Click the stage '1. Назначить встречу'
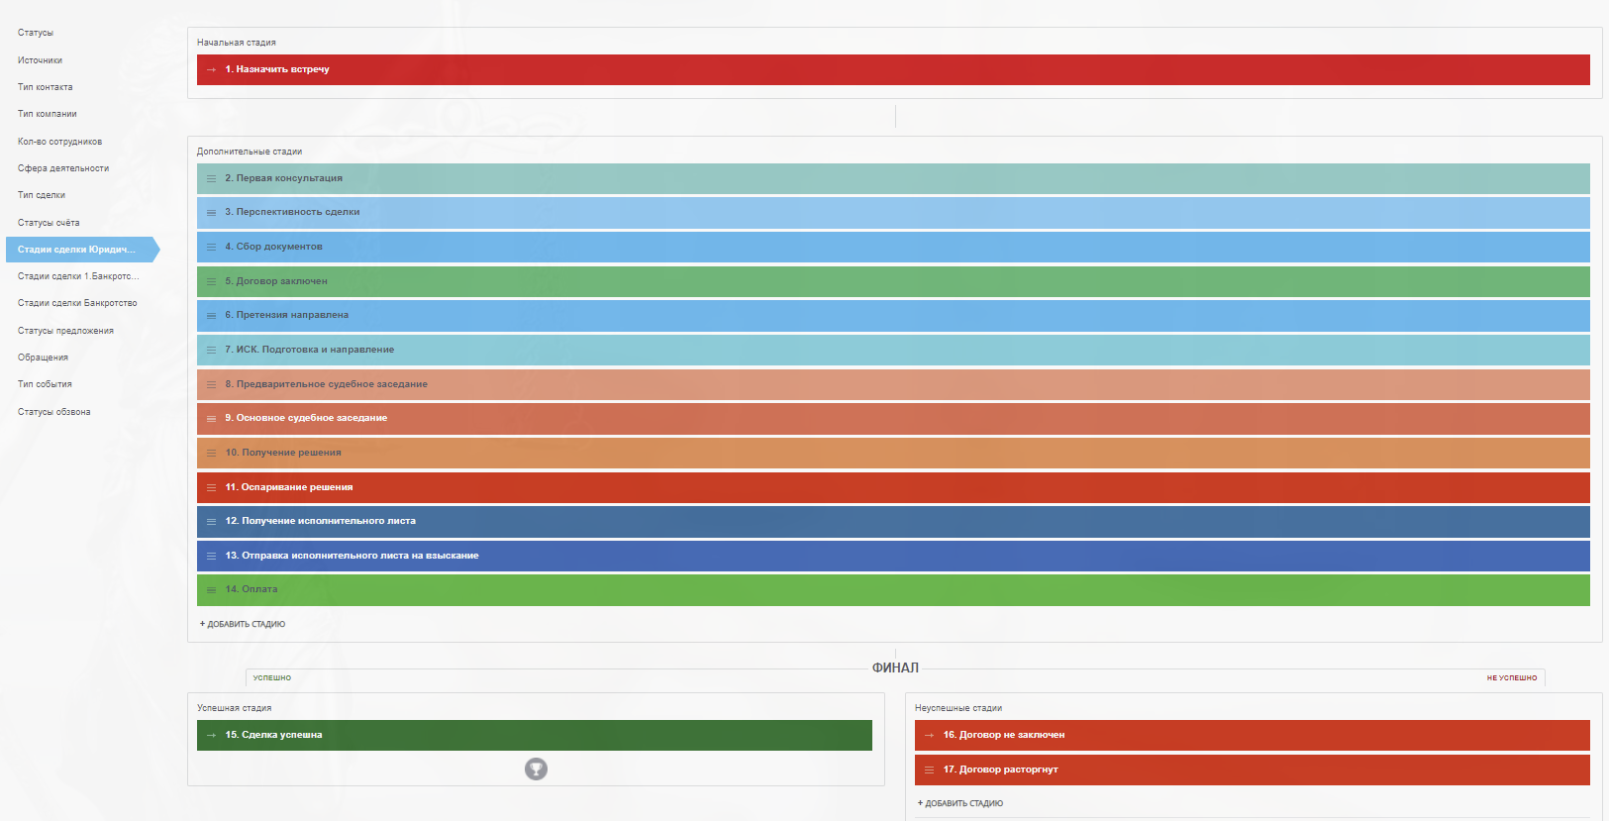(x=276, y=69)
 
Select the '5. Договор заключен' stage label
(x=275, y=281)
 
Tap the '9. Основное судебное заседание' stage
(x=305, y=418)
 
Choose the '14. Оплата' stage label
(x=251, y=589)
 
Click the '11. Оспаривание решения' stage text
(x=288, y=487)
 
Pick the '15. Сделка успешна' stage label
(x=273, y=735)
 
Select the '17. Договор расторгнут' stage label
(x=1000, y=770)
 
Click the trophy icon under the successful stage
(x=536, y=769)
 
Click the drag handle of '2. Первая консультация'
(x=211, y=179)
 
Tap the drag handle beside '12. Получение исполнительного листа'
(x=211, y=522)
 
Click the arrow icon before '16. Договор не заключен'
(x=929, y=735)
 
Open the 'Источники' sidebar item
(x=40, y=60)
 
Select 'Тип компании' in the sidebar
(x=47, y=114)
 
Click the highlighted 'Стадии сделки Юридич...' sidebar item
(x=76, y=250)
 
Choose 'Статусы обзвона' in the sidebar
(x=53, y=412)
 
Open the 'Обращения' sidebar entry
(x=43, y=358)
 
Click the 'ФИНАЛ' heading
(x=895, y=667)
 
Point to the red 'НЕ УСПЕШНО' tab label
(x=1511, y=678)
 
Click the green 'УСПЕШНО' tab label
(x=271, y=678)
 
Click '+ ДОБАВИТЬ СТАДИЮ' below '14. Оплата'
(x=243, y=624)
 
